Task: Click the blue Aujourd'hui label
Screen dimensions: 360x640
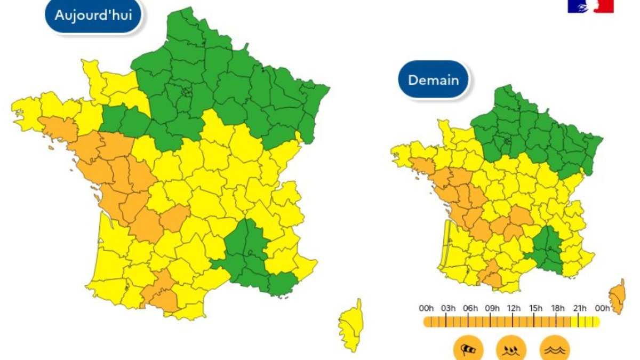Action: (93, 15)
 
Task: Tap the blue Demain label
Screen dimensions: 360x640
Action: (433, 80)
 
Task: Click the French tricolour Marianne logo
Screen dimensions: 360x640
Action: (590, 5)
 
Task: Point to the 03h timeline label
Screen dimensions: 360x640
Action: (448, 308)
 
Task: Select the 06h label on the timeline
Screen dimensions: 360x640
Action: (470, 308)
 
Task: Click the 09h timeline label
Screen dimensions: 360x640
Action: (492, 308)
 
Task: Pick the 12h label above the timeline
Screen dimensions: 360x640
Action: (514, 308)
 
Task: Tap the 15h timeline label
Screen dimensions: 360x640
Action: (535, 308)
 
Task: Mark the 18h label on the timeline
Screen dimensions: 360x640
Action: (558, 308)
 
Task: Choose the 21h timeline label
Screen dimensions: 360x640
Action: (580, 308)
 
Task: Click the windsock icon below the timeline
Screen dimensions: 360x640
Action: (468, 349)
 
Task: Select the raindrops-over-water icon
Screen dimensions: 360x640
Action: (511, 349)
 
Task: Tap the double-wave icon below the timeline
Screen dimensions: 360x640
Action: (555, 349)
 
